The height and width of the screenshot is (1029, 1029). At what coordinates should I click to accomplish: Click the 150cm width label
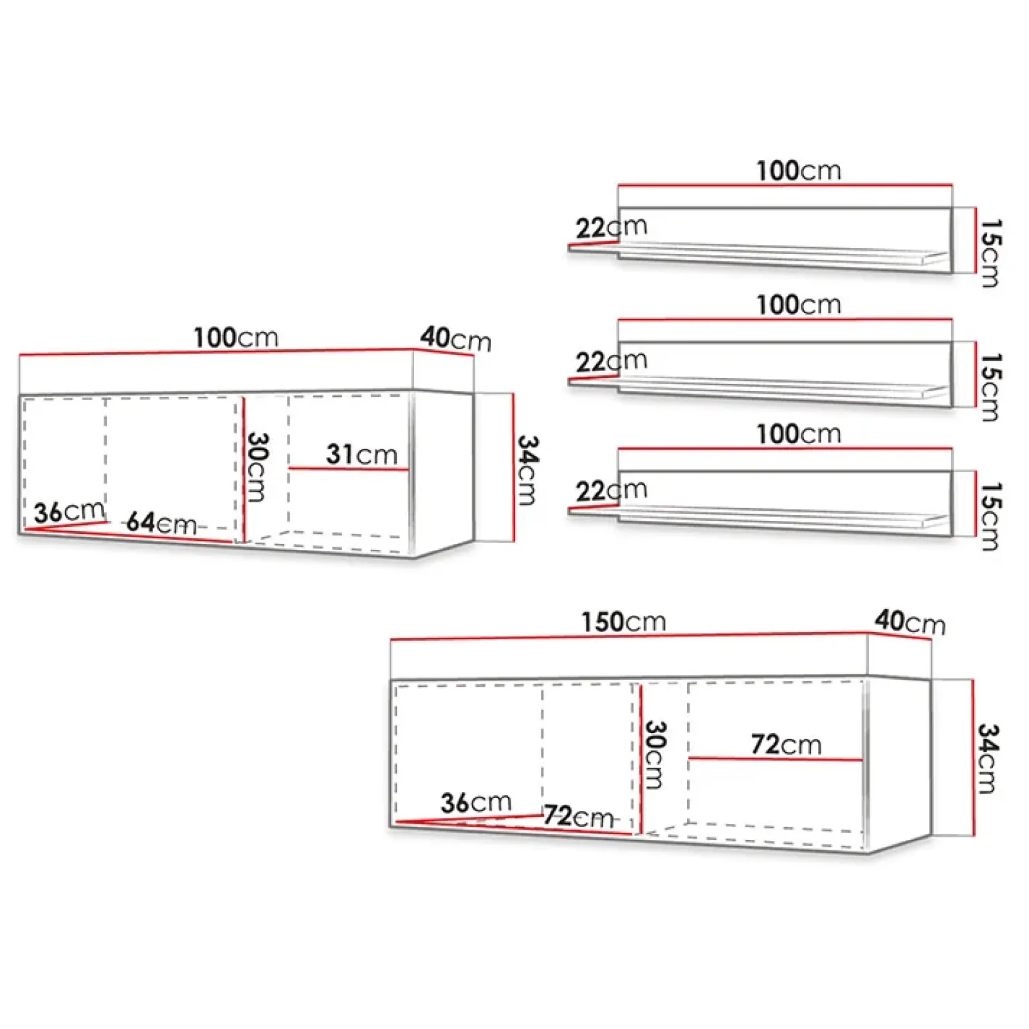(623, 622)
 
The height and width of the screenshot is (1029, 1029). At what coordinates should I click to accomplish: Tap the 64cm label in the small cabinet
(161, 523)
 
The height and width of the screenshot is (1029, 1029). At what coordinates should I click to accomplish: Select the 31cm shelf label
(361, 454)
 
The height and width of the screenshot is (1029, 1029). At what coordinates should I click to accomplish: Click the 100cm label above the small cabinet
(236, 338)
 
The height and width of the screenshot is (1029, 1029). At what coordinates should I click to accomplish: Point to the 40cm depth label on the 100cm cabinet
(455, 338)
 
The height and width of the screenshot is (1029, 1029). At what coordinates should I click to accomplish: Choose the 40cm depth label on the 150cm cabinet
(909, 622)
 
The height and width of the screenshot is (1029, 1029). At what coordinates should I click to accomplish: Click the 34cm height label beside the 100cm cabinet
(528, 470)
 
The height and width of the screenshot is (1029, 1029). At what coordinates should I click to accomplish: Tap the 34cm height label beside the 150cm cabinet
(988, 758)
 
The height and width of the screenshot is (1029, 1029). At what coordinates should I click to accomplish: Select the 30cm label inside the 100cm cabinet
(257, 467)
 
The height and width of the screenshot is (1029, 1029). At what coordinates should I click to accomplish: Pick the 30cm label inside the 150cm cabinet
(655, 754)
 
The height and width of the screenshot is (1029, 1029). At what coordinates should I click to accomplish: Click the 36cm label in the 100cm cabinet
(69, 512)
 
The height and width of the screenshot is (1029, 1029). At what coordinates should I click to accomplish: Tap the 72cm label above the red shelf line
(786, 744)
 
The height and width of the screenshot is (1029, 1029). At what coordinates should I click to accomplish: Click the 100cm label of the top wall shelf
(798, 171)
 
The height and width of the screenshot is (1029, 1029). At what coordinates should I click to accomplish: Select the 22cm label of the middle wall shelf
(611, 361)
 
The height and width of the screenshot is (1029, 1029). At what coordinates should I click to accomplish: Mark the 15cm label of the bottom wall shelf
(990, 516)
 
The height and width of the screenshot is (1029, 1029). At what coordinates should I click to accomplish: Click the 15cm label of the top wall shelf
(990, 253)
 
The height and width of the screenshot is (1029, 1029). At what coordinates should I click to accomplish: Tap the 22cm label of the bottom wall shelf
(611, 491)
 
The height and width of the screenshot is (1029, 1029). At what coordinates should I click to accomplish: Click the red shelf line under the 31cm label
(348, 469)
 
